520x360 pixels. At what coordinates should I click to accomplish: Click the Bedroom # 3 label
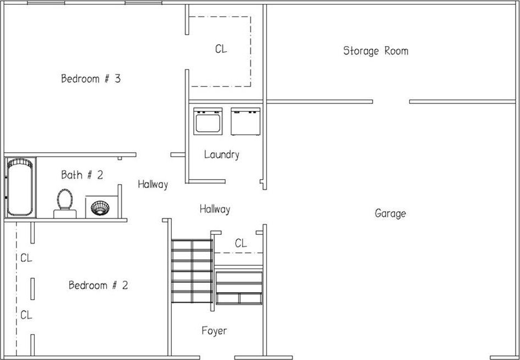[91, 79]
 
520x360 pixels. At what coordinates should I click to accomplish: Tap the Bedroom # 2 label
[98, 285]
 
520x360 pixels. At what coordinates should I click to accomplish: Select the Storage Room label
[376, 51]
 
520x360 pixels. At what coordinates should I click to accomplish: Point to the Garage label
[390, 213]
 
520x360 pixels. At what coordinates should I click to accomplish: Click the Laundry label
[221, 154]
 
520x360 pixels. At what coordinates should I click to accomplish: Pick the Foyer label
[214, 330]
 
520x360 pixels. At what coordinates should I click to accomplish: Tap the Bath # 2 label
[82, 175]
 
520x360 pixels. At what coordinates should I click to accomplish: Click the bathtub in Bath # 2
[20, 187]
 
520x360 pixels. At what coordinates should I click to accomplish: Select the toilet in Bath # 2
[64, 203]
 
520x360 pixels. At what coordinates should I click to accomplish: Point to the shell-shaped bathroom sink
[100, 208]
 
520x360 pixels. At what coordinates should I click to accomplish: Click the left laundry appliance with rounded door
[208, 121]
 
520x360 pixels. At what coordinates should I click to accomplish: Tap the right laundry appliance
[246, 121]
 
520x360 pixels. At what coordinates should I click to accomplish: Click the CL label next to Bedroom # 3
[221, 49]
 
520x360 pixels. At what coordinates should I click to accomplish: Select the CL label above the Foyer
[241, 244]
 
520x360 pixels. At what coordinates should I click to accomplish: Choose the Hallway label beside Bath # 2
[153, 185]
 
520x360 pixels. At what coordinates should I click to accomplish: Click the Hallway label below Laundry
[215, 209]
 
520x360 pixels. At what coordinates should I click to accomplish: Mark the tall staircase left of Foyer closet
[192, 271]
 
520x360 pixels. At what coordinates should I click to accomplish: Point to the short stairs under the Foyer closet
[239, 288]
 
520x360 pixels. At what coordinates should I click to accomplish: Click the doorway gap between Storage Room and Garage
[391, 101]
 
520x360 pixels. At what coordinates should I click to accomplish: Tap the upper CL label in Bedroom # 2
[26, 258]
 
